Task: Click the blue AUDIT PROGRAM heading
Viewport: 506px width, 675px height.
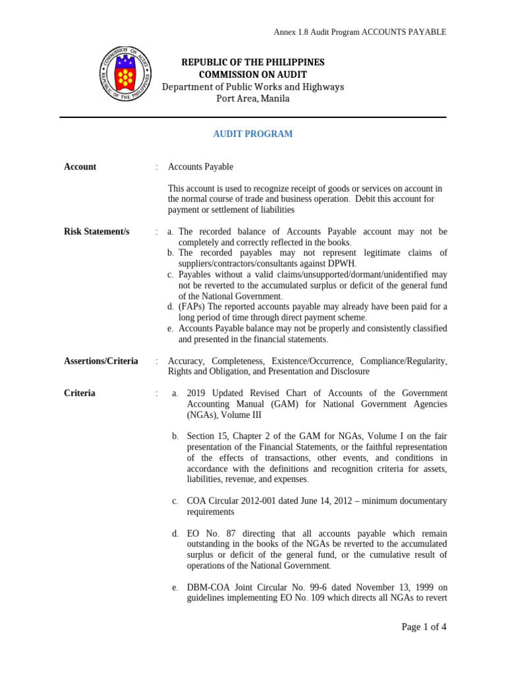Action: click(x=252, y=134)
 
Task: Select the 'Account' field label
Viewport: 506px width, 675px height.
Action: click(x=80, y=167)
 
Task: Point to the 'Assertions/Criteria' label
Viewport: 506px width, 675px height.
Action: click(x=101, y=361)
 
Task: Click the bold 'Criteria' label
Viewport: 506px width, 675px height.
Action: click(x=79, y=393)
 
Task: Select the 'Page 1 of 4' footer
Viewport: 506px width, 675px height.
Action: click(x=424, y=627)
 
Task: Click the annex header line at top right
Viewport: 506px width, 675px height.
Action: click(x=360, y=32)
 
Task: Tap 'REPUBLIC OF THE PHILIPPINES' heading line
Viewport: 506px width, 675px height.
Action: click(x=252, y=62)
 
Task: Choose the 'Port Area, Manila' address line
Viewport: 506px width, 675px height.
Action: click(x=252, y=99)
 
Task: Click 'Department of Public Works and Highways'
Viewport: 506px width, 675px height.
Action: click(x=252, y=87)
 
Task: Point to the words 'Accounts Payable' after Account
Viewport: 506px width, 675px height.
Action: click(x=200, y=167)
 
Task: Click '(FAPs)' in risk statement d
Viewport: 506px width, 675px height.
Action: click(x=192, y=307)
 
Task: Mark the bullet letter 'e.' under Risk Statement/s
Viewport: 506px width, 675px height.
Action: click(x=171, y=328)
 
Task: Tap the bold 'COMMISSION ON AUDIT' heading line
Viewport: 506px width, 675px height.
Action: click(x=252, y=74)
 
